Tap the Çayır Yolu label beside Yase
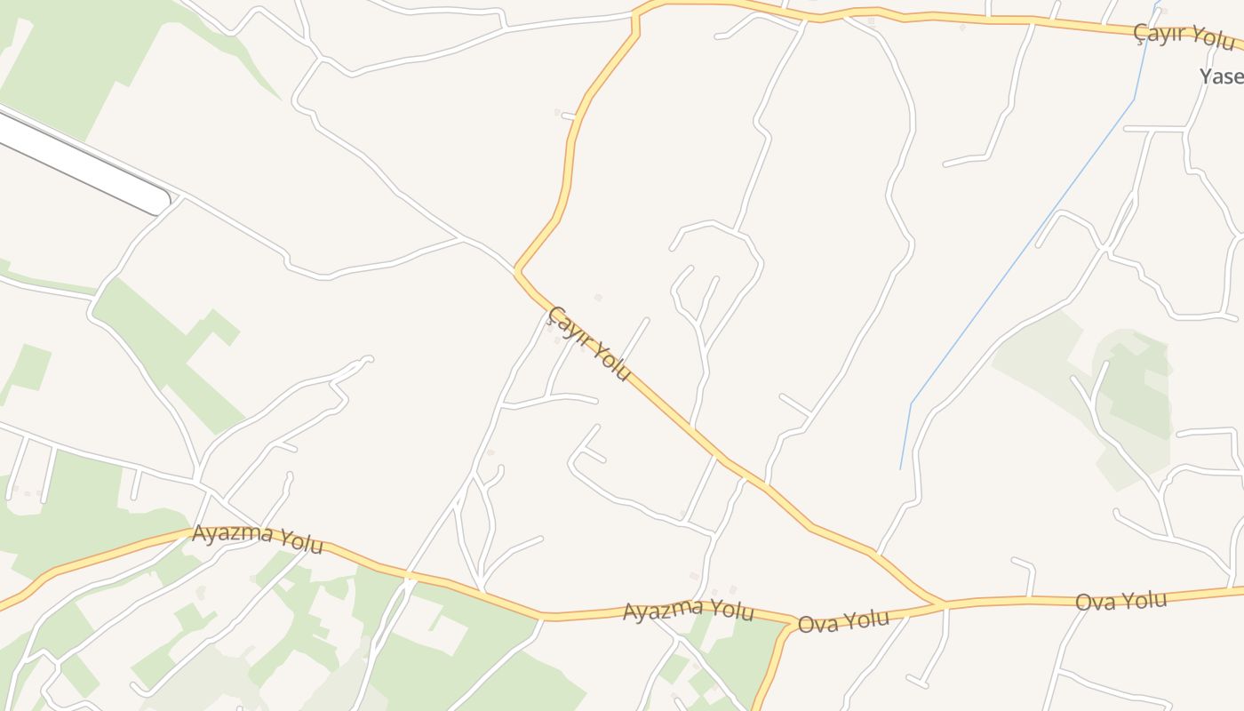click(1184, 37)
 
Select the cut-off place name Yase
click(1221, 76)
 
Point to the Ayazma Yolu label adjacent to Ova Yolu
click(688, 611)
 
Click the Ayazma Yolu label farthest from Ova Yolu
click(258, 538)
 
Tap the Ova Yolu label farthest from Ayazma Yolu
click(1120, 601)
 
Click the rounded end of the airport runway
click(161, 202)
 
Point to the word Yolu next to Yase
click(1213, 40)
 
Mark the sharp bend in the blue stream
click(912, 403)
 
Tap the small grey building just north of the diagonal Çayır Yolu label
click(598, 298)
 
